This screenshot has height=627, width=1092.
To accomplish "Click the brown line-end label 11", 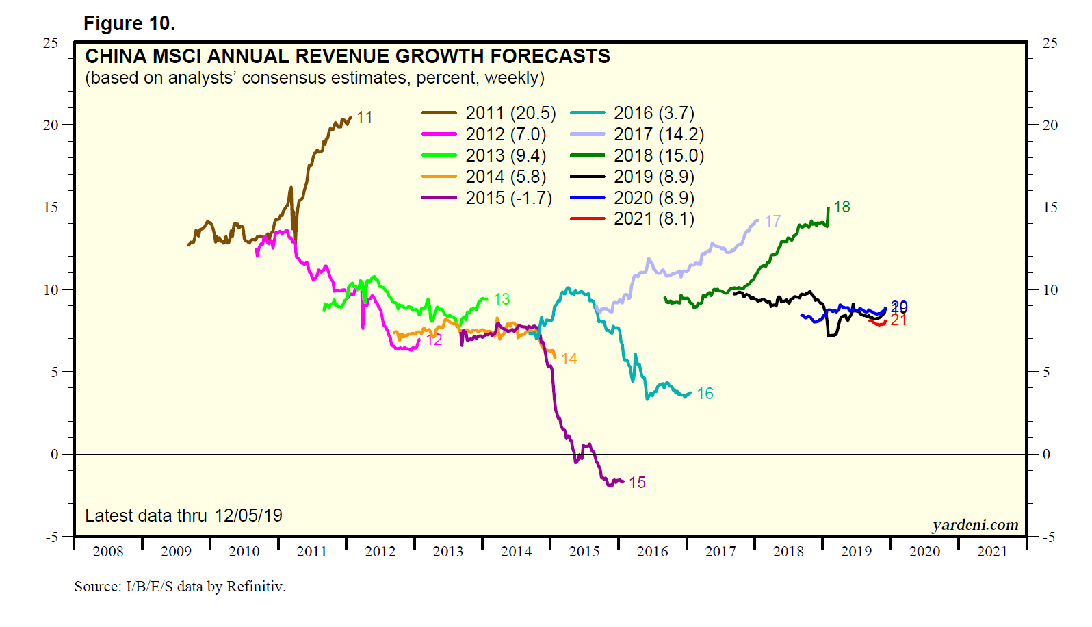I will [x=365, y=117].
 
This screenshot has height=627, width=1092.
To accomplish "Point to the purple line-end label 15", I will [x=637, y=483].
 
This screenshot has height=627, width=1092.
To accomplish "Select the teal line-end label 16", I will [x=705, y=394].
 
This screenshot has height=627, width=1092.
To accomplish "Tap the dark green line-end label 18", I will [x=842, y=207].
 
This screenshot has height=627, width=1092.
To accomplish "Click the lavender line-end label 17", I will [x=772, y=221].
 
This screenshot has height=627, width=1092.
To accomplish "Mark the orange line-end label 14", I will [x=569, y=359].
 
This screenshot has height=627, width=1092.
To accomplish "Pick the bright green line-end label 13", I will [x=502, y=299].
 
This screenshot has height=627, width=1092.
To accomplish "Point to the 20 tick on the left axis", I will [x=51, y=125].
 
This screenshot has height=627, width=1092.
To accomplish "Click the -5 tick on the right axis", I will [x=1049, y=537].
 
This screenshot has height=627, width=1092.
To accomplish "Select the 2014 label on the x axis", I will [x=516, y=552].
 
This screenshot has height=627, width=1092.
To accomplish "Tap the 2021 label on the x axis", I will [x=992, y=552].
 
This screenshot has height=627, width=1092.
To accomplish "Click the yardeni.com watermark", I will [x=975, y=525].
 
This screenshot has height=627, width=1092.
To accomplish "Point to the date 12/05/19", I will [x=248, y=515].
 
